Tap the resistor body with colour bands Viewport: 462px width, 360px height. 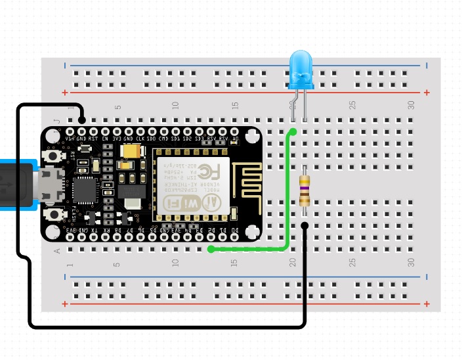tap(304, 191)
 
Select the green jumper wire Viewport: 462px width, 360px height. tap(287, 197)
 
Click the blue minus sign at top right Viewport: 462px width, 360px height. tap(427, 65)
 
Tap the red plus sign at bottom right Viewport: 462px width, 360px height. tap(427, 304)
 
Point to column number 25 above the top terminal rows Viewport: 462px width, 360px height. tap(352, 104)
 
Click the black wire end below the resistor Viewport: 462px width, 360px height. tap(304, 226)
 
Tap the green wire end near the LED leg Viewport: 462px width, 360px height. tap(293, 132)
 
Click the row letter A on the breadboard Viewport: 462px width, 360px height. tap(56, 250)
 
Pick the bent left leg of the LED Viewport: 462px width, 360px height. tap(293, 105)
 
